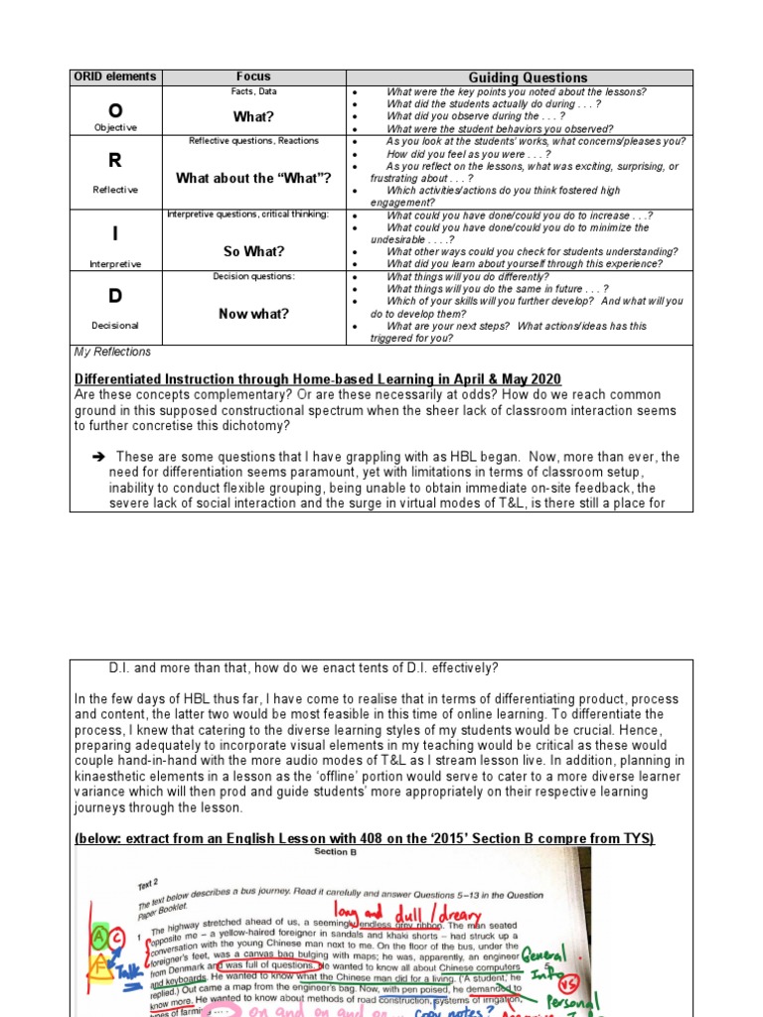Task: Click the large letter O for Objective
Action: click(x=115, y=110)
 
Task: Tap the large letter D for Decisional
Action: click(x=115, y=297)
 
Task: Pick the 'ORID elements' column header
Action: click(x=115, y=77)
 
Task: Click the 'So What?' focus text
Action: click(x=252, y=251)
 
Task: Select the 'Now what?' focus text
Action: click(x=252, y=314)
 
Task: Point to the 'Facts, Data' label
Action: click(x=252, y=91)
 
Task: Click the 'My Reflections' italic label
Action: click(x=112, y=352)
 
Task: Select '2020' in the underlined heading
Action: click(x=544, y=379)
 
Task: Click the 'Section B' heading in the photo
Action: click(x=331, y=852)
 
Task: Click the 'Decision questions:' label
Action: click(x=252, y=276)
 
